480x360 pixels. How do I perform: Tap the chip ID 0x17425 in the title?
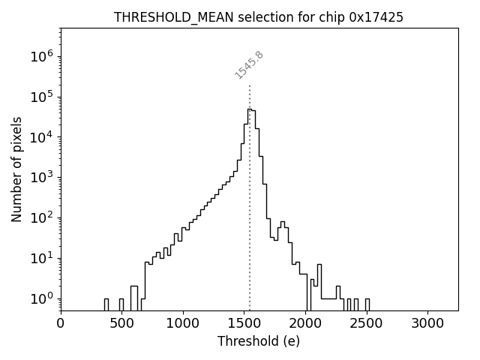click(x=376, y=17)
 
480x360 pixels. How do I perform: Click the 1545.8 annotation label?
click(x=250, y=64)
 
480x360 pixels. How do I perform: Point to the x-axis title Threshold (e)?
click(x=259, y=341)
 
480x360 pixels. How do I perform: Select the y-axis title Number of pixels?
click(x=16, y=169)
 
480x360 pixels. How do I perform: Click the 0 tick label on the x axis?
click(x=61, y=323)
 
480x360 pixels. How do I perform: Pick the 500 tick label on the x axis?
click(x=121, y=323)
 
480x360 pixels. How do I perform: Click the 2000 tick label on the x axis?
click(x=305, y=323)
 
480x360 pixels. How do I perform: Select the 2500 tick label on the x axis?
click(x=366, y=323)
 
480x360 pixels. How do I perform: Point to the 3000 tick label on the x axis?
click(x=427, y=323)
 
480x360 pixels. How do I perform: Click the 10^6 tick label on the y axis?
click(x=41, y=56)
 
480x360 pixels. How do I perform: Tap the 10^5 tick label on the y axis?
click(x=41, y=97)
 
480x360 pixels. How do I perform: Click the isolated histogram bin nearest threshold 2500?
click(x=367, y=304)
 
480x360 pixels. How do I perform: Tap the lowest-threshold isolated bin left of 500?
click(x=106, y=304)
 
